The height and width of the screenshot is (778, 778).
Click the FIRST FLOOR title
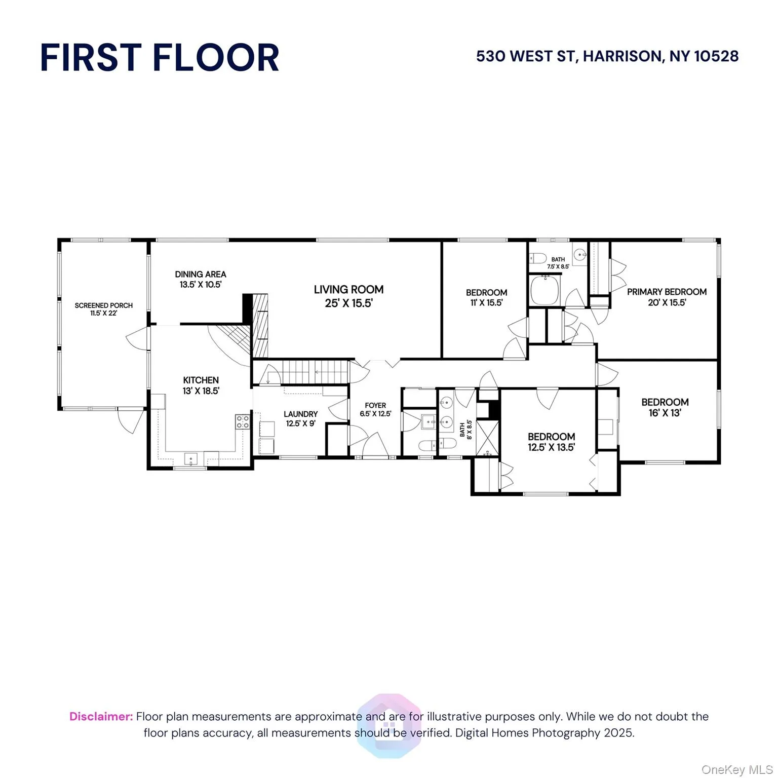pos(160,57)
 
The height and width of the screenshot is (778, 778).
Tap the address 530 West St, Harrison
pos(607,56)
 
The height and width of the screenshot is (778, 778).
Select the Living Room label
pos(348,290)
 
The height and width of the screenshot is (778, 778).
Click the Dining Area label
pos(201,274)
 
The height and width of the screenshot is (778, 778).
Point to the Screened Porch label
pos(103,305)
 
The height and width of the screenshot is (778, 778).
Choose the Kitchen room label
pos(201,380)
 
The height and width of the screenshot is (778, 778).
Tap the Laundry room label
pos(300,414)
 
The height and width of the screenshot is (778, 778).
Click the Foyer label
pos(375,405)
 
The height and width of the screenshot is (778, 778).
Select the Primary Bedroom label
pos(667,292)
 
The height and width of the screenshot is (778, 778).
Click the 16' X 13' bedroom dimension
pos(665,413)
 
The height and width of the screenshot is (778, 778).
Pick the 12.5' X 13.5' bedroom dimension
pos(551,447)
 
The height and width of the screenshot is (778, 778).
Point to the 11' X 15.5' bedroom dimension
pos(486,303)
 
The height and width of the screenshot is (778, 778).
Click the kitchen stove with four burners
pos(243,422)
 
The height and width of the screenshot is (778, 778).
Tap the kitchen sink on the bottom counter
pos(191,459)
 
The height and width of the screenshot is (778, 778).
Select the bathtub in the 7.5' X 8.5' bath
pos(545,290)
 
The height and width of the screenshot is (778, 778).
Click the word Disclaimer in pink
pos(101,716)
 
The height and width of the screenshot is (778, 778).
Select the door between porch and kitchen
pos(139,338)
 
